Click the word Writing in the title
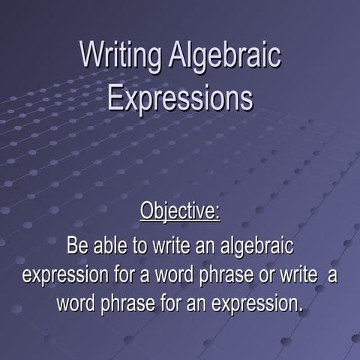pos(120,57)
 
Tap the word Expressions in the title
pos(180,98)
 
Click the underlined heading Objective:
pos(180,211)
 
